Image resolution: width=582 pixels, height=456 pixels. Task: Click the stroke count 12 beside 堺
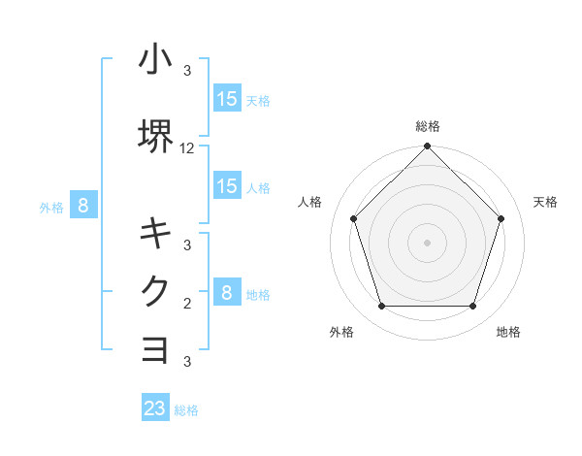coord(187,148)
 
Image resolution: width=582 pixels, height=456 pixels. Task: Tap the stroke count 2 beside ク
coord(187,304)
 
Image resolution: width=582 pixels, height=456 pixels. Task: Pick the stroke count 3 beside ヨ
coord(187,362)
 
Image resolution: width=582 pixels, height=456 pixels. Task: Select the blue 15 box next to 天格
coord(227,99)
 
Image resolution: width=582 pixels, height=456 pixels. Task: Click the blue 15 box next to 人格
coord(227,186)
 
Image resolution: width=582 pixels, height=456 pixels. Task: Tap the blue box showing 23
coord(155,408)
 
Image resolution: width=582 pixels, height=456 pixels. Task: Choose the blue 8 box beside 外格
coord(83,206)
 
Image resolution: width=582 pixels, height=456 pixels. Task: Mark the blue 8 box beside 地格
coord(227,293)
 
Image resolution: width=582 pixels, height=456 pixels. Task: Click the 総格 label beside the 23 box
coord(186,410)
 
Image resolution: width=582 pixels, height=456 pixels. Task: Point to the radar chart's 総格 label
coord(427,126)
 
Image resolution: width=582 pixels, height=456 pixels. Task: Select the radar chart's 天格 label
coord(546,202)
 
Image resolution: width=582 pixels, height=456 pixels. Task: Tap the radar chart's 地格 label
coord(508,333)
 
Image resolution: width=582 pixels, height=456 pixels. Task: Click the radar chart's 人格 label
coord(309,202)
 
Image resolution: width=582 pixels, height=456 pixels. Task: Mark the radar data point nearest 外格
coord(381,307)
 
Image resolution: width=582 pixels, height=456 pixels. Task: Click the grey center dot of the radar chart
coord(427,243)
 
